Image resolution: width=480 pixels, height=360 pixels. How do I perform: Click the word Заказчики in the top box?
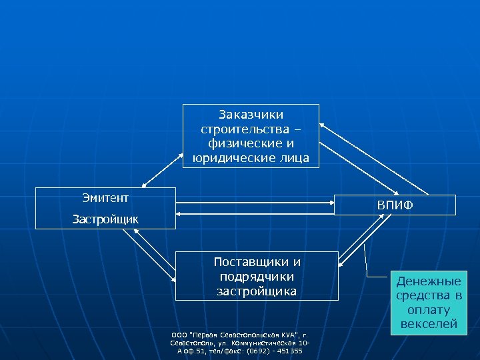coord(251,115)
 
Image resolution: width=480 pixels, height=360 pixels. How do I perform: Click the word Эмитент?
coord(105,197)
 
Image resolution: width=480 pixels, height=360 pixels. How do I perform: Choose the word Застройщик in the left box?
coord(105,219)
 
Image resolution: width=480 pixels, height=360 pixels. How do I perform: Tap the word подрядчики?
coord(257,276)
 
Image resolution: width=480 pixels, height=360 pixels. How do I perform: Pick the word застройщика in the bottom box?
coord(257,291)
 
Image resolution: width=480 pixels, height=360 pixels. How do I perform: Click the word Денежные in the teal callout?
coord(429,281)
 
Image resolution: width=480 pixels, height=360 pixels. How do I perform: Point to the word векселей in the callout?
coord(429,325)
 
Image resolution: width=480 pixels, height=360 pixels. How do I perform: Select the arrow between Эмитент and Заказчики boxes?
coord(162,164)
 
